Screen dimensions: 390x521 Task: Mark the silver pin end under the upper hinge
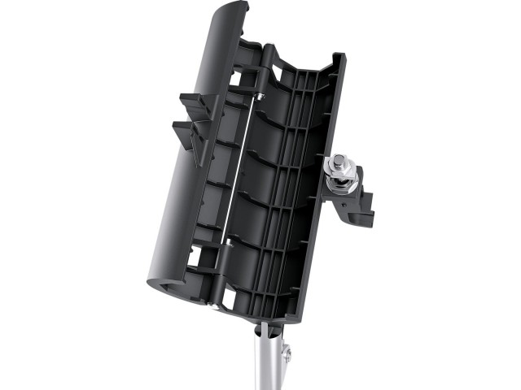pos(260,97)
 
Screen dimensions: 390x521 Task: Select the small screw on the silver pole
pos(285,351)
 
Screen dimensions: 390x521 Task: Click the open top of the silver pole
pos(267,328)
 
